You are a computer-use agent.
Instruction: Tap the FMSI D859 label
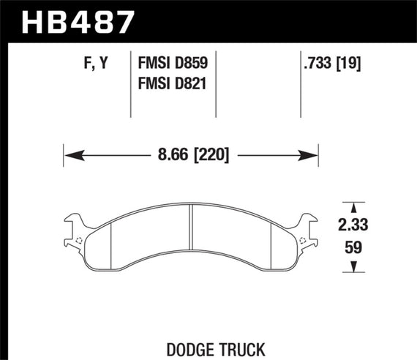[x=172, y=64]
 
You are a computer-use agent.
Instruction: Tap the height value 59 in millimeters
[x=354, y=247]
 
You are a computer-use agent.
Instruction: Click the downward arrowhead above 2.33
[x=354, y=207]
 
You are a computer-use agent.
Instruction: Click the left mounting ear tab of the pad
[x=72, y=222]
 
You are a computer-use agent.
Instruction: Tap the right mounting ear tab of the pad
[x=310, y=222]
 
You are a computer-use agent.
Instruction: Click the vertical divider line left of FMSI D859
[x=130, y=84]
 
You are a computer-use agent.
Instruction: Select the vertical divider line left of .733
[x=301, y=84]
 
